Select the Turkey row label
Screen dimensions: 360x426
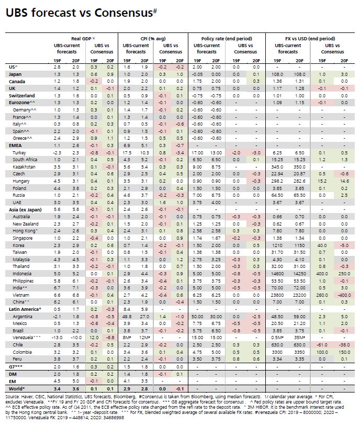pos(19,153)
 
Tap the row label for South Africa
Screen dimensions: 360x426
pos(25,160)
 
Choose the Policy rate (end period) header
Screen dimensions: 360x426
pos(227,39)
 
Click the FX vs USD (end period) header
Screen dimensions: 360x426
pos(310,39)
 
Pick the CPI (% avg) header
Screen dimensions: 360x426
pos(153,39)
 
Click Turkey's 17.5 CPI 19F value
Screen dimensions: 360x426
pos(127,153)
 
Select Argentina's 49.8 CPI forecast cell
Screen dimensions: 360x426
pos(127,317)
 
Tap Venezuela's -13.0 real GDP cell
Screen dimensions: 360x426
pos(57,338)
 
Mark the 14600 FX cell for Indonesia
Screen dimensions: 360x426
pos(277,274)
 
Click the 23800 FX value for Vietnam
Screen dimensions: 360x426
pos(277,295)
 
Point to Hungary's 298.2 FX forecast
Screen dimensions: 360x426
pos(277,181)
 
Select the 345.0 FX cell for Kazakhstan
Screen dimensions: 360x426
pos(277,167)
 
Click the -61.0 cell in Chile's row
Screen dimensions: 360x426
pos(322,345)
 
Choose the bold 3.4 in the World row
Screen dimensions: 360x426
pos(57,389)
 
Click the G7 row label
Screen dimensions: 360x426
pos(16,367)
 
